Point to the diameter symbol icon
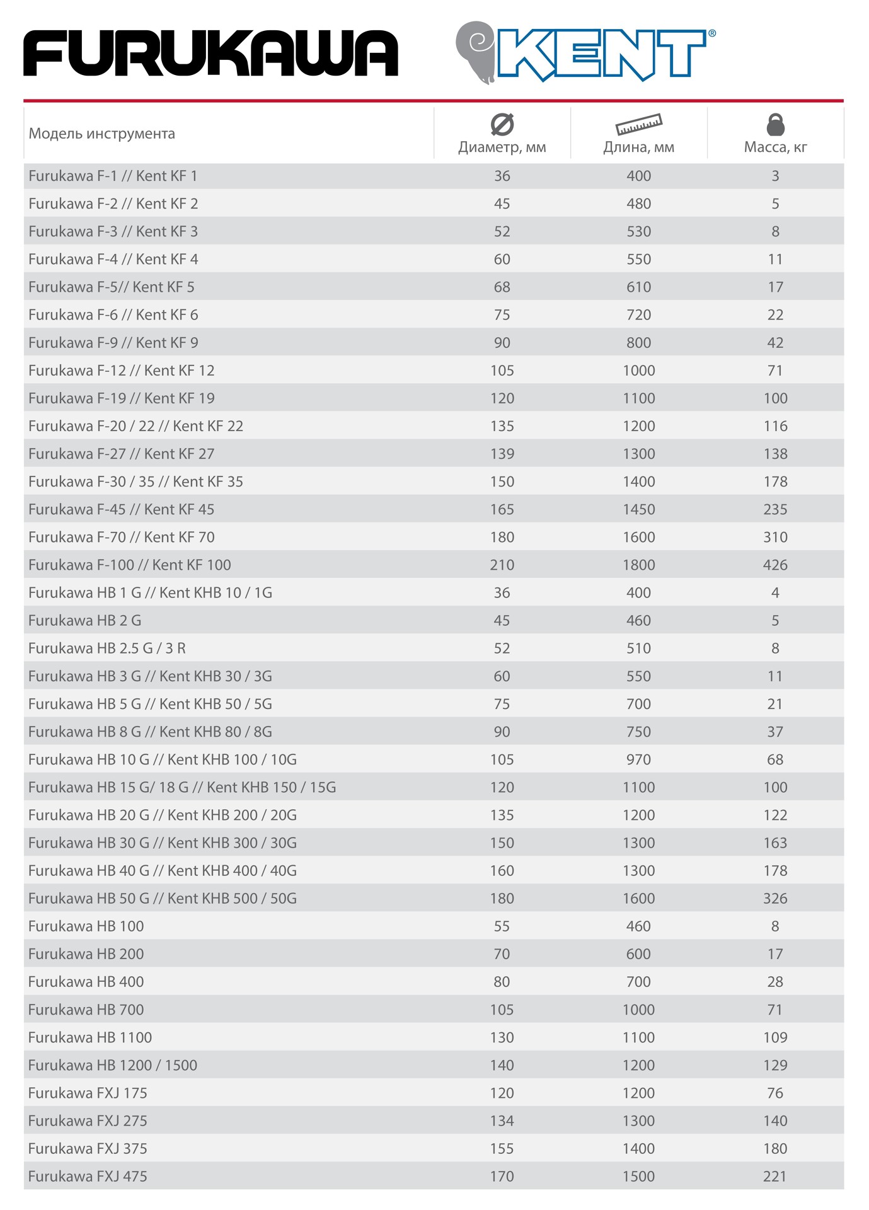click(502, 124)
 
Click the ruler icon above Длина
click(638, 124)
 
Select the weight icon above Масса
click(775, 124)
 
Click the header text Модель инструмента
click(101, 134)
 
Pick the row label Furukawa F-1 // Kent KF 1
click(113, 176)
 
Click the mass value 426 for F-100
click(775, 565)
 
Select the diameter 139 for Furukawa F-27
click(502, 454)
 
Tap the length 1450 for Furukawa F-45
click(638, 509)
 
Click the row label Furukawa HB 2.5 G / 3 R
click(107, 648)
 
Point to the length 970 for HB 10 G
click(638, 759)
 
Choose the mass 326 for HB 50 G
click(775, 898)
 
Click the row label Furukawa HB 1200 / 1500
click(113, 1065)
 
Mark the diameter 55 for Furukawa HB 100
click(502, 926)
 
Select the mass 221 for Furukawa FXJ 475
click(775, 1176)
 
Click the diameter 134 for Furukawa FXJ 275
click(502, 1121)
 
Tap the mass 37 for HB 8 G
click(775, 732)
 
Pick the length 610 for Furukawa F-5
click(638, 287)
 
